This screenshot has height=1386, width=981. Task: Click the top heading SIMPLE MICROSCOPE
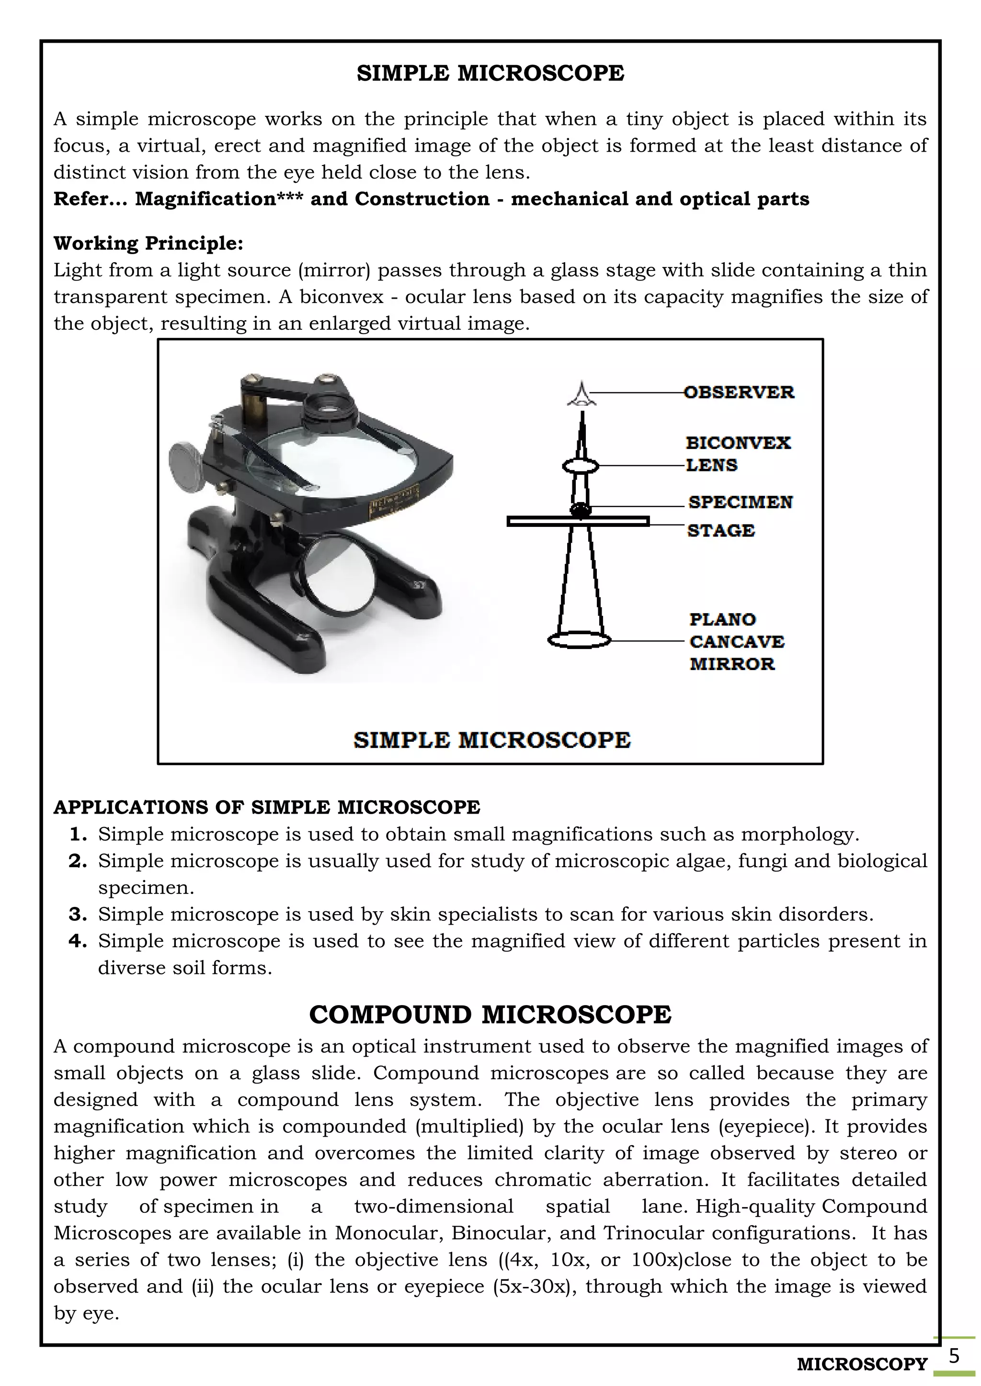tap(490, 73)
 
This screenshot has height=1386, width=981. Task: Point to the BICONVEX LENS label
tap(738, 454)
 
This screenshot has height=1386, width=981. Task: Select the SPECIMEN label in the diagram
tap(740, 502)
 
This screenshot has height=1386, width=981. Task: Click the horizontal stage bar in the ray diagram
tap(578, 522)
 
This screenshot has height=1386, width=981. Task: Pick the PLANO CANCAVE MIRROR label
tap(736, 641)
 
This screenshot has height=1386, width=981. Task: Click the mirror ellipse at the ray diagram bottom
tap(579, 640)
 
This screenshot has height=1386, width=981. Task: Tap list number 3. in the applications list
tap(78, 914)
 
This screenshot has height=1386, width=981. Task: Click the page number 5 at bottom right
tap(954, 1356)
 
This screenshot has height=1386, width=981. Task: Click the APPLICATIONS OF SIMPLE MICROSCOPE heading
tap(266, 807)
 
